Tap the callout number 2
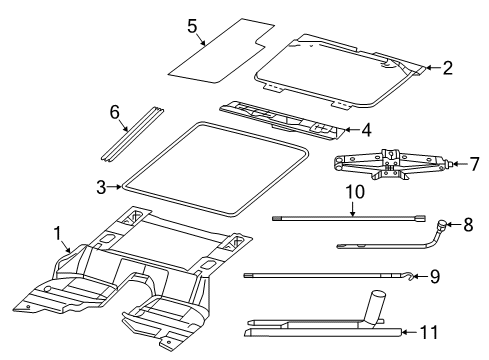tap(447, 68)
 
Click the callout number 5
tap(192, 28)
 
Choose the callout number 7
tap(474, 163)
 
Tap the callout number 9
tap(435, 277)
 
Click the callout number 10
tap(352, 192)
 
